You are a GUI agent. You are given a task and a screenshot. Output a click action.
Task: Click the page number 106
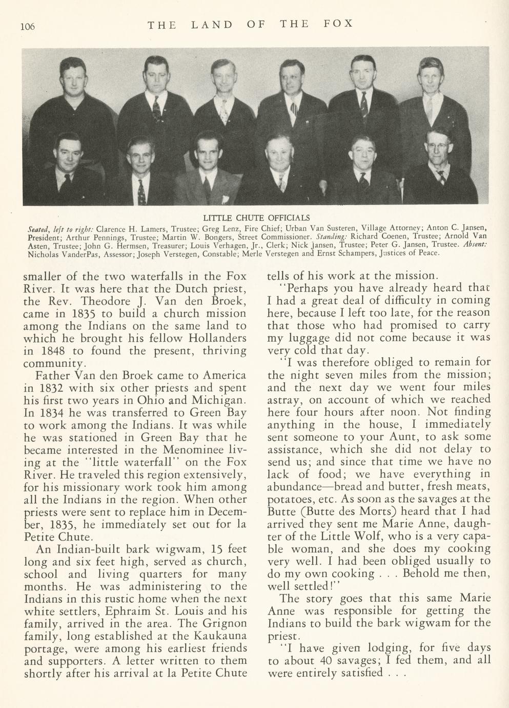coord(28,26)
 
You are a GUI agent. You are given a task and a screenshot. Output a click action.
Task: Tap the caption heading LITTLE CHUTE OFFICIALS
coord(254,217)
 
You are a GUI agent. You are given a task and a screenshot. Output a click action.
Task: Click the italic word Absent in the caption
coord(474,245)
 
